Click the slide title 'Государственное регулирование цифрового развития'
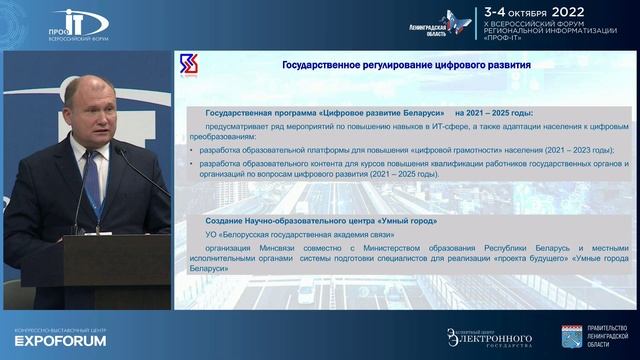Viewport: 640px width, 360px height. tap(391, 65)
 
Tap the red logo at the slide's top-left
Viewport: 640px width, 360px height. tap(187, 65)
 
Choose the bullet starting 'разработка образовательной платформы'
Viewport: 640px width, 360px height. tap(405, 150)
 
